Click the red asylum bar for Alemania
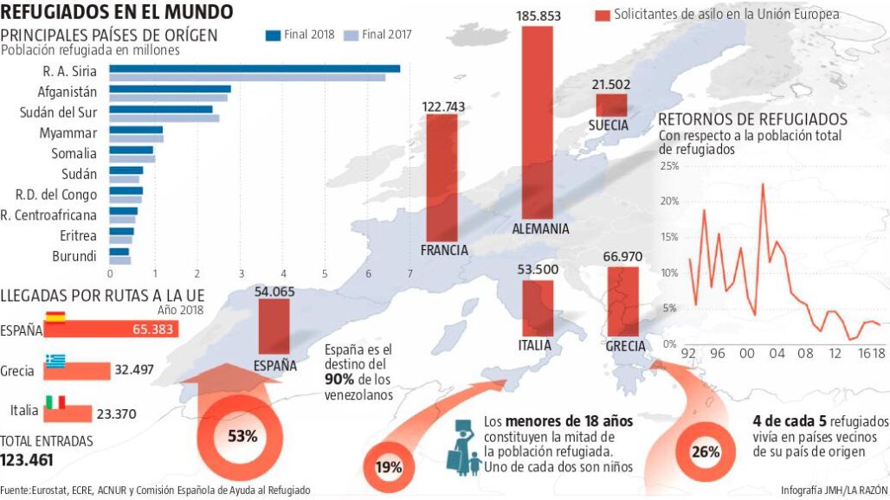[538, 121]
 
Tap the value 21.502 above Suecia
[611, 85]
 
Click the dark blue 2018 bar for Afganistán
[170, 88]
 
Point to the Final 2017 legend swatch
[351, 35]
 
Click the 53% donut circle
[242, 435]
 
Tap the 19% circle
[389, 467]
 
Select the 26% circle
[706, 451]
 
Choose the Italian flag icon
[56, 401]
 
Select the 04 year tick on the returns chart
[777, 353]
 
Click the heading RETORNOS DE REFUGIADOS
[752, 119]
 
